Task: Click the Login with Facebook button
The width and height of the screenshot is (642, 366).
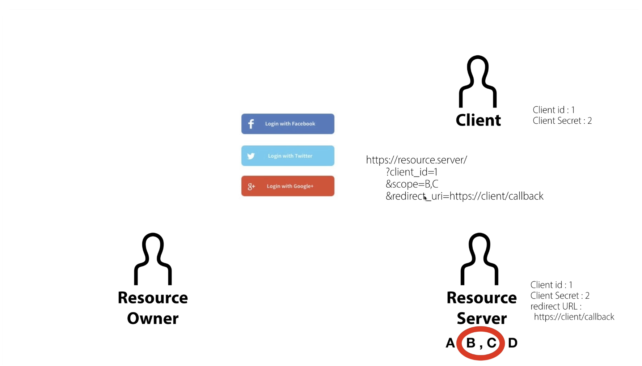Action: [x=288, y=124]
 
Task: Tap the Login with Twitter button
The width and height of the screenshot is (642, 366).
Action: [x=288, y=156]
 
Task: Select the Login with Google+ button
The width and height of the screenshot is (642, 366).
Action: [x=288, y=186]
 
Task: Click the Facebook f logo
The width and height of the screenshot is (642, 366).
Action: [x=251, y=124]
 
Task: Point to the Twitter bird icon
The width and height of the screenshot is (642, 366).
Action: [x=251, y=156]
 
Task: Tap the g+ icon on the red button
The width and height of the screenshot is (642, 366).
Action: [x=251, y=186]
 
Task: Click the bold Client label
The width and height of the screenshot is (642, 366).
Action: [x=478, y=120]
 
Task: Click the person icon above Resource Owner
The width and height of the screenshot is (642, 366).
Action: [x=153, y=259]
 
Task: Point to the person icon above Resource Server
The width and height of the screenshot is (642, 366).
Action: [x=479, y=259]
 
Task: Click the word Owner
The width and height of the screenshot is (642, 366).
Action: [x=153, y=318]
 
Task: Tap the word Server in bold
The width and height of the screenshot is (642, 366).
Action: [x=481, y=318]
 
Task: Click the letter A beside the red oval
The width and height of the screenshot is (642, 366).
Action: [x=450, y=343]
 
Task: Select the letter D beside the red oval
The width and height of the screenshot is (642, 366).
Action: [x=512, y=343]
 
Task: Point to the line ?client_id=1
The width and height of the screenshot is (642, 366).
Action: [x=411, y=172]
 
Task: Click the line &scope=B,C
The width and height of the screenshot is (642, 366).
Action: [x=412, y=184]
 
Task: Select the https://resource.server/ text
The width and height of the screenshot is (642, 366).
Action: [x=417, y=160]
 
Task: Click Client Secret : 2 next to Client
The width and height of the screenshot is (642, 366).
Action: [x=562, y=121]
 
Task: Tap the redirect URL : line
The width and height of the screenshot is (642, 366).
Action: [x=556, y=306]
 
